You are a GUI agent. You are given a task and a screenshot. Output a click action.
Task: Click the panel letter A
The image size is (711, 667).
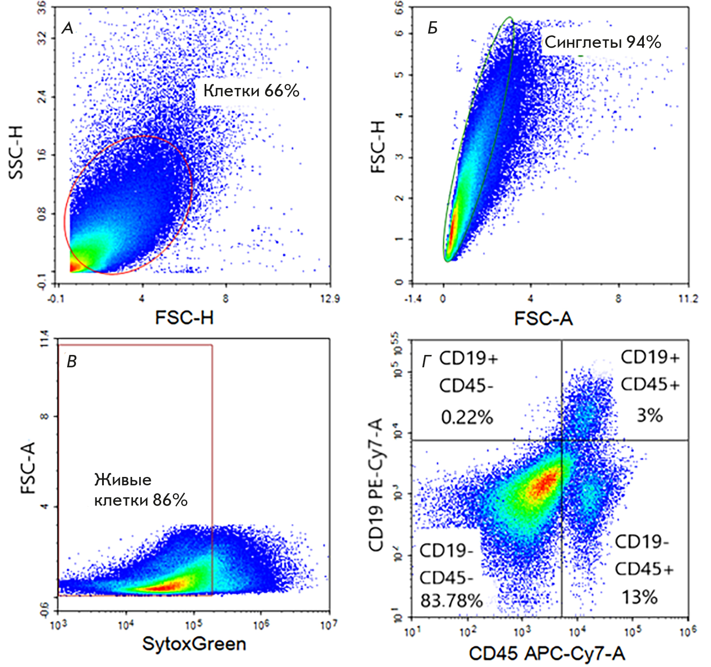point(68,29)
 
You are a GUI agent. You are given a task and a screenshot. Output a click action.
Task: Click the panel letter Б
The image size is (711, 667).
point(433,28)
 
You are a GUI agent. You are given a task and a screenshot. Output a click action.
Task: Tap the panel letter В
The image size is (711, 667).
point(71,362)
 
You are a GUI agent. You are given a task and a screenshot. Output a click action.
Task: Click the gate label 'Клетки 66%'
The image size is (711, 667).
point(251,91)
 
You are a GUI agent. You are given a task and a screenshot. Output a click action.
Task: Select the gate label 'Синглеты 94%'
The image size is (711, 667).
point(603,42)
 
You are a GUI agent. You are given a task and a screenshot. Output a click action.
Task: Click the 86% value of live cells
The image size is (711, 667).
point(170,500)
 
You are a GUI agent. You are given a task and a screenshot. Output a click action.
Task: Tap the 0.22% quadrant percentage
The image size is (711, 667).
point(467,417)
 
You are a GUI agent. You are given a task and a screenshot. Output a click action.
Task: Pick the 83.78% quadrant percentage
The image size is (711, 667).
point(451,601)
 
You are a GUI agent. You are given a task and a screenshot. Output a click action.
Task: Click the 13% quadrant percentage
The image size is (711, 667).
point(640,598)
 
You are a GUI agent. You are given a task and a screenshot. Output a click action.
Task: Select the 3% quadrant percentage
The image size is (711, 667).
point(649,415)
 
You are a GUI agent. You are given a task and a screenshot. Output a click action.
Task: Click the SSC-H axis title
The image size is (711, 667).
point(16,152)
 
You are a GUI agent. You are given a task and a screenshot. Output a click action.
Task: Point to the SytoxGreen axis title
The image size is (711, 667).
point(194,644)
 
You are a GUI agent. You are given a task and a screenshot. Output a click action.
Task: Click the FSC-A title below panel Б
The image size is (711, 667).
point(543,319)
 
